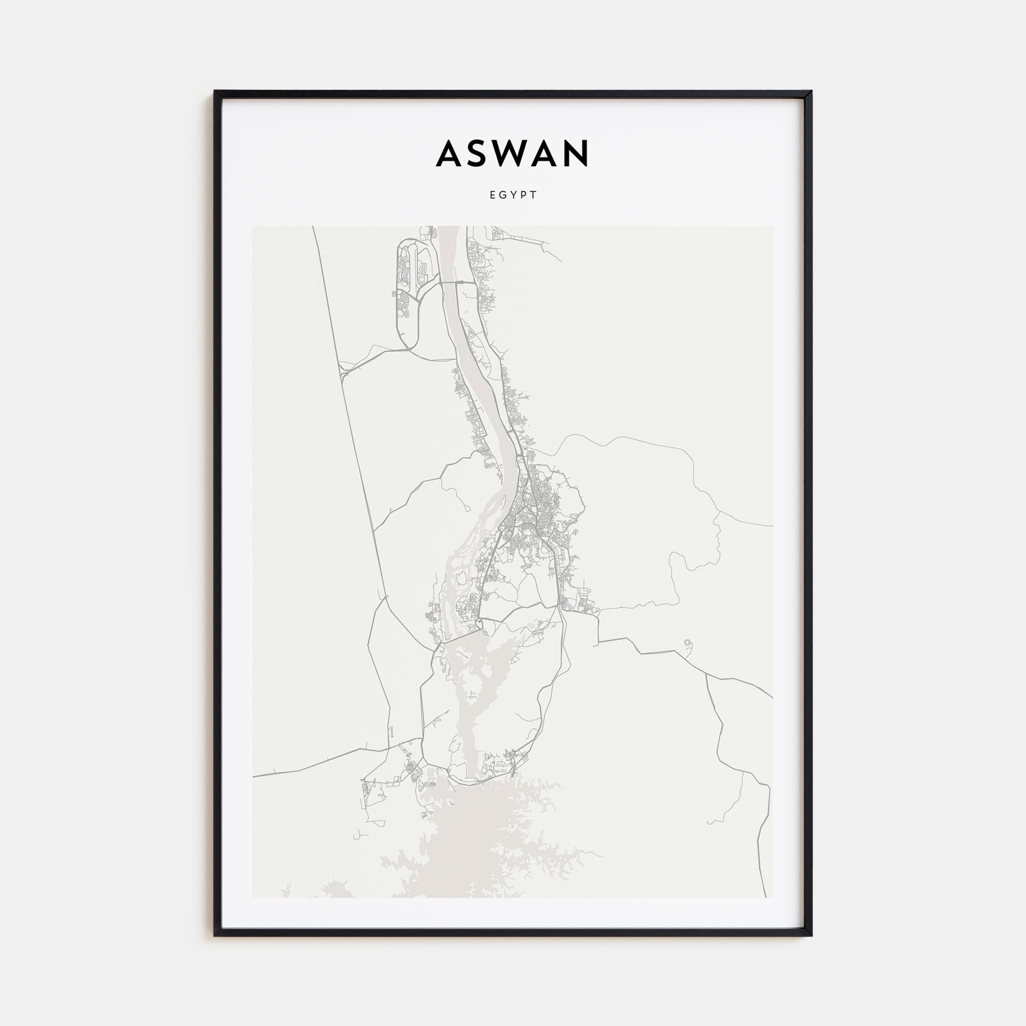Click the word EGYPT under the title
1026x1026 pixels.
514,195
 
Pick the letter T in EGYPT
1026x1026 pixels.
535,195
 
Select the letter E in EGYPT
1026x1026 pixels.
492,195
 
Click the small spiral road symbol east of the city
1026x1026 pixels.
689,644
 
